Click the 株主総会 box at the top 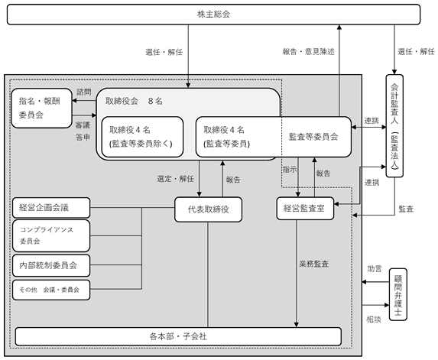click(x=213, y=15)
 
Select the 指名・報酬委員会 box click(x=41, y=109)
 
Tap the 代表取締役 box click(x=208, y=209)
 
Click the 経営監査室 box click(x=305, y=209)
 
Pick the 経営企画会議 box click(x=51, y=207)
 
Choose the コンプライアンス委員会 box click(x=51, y=235)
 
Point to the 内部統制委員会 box click(x=51, y=265)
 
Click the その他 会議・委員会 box click(x=51, y=290)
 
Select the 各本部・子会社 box click(x=178, y=336)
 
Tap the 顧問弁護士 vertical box click(x=397, y=294)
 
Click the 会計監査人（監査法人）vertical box click(x=394, y=126)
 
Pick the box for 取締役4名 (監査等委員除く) click(x=142, y=137)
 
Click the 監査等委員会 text click(x=313, y=137)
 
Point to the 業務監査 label click(x=313, y=264)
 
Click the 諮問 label click(x=84, y=92)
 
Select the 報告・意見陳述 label click(x=308, y=52)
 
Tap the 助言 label click(x=375, y=269)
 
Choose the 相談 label click(x=374, y=319)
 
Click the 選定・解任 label click(x=175, y=179)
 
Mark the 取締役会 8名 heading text click(x=134, y=101)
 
